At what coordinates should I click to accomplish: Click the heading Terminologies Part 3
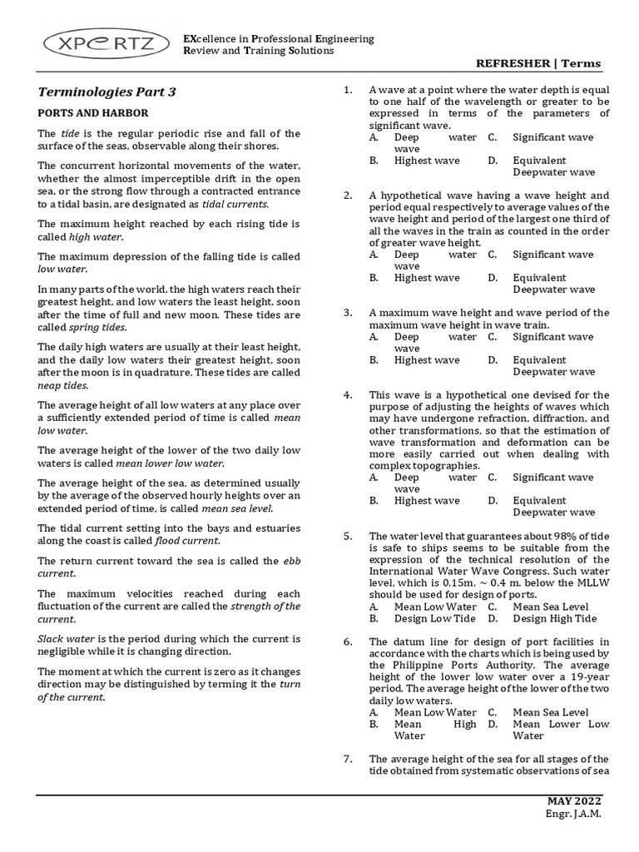click(x=107, y=92)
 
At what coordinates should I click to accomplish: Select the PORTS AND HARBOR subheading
click(x=93, y=112)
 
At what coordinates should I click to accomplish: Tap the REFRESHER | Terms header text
click(x=537, y=64)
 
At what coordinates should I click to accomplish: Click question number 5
click(x=348, y=537)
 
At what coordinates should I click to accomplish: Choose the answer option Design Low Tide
click(x=435, y=619)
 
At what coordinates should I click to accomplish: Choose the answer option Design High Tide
click(x=555, y=619)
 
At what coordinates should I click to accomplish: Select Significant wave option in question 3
click(x=553, y=337)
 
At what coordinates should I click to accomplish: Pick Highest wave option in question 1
click(x=427, y=161)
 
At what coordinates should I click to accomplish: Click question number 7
click(x=348, y=759)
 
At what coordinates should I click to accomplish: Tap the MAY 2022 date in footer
click(x=573, y=800)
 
